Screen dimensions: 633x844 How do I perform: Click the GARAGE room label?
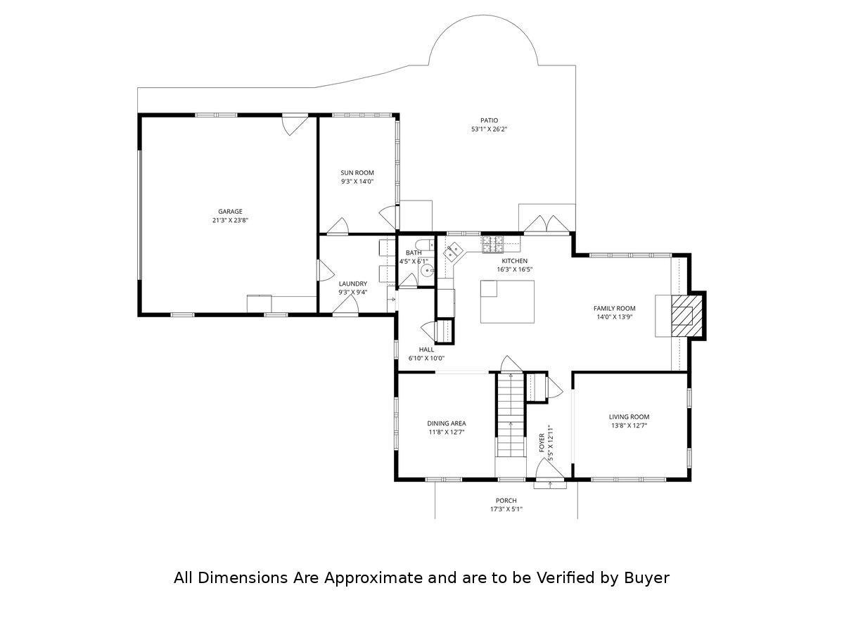pos(230,211)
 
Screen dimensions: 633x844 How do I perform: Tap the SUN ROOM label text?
pos(357,172)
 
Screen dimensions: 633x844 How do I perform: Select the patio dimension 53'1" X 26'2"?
pos(489,129)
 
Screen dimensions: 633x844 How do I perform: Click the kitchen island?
pos(506,302)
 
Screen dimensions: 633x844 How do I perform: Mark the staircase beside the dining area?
pos(510,415)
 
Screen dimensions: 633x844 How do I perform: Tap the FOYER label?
pos(542,442)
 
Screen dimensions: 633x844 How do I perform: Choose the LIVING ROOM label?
pos(629,416)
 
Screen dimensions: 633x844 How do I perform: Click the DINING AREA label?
pos(447,423)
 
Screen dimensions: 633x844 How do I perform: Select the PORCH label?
pos(506,501)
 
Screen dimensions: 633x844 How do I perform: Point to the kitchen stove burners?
pos(492,243)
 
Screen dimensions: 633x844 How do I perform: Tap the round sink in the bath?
pos(425,271)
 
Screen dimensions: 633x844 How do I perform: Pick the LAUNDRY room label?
pos(352,283)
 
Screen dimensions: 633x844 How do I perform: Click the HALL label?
pos(426,349)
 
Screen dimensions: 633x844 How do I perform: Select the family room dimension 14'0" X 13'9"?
pos(614,317)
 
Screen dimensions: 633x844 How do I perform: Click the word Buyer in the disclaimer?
pos(646,578)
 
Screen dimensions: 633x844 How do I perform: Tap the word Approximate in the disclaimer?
pos(373,578)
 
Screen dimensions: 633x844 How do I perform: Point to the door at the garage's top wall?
pos(294,124)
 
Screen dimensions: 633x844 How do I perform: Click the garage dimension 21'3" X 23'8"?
pos(230,220)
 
